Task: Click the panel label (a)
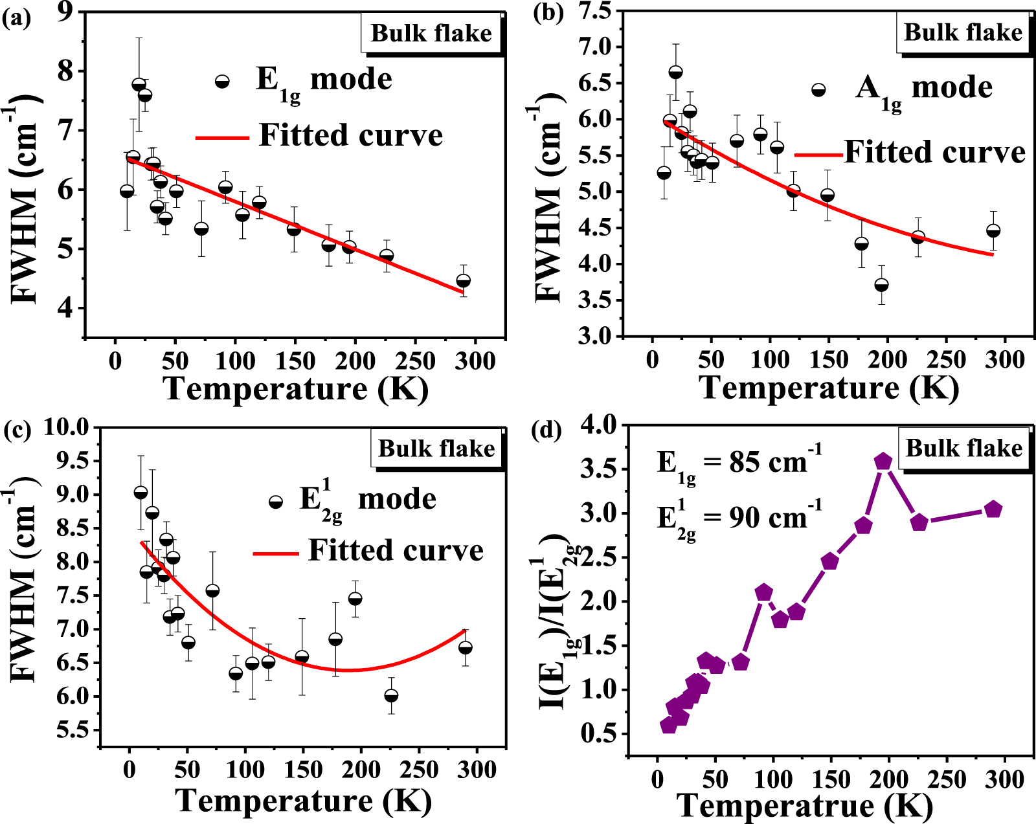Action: [x=16, y=18]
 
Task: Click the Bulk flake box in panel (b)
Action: [x=963, y=32]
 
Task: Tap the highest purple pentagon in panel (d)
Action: [x=883, y=462]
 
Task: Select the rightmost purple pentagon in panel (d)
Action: [x=993, y=509]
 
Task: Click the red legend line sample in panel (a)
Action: [x=221, y=137]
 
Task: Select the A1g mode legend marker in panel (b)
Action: [x=818, y=90]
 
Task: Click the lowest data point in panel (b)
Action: [x=881, y=285]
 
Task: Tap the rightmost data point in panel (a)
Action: [x=463, y=281]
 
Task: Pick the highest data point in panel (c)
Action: [x=141, y=493]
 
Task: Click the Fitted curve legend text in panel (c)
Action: [x=396, y=550]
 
